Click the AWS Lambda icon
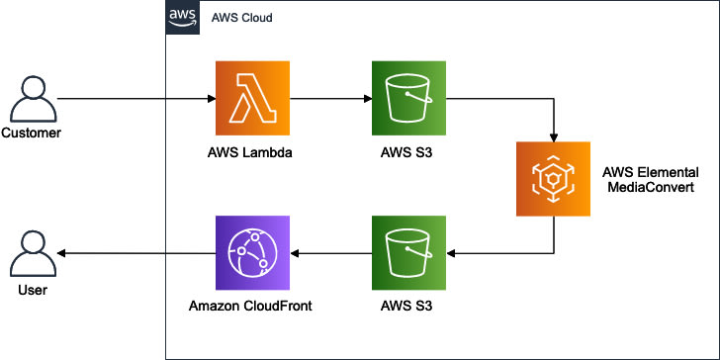252,98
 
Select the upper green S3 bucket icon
408,98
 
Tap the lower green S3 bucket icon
408,253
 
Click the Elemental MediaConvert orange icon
553,179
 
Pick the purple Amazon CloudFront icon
252,253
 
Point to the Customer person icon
34,100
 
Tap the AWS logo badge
182,18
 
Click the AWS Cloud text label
241,19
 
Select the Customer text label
31,134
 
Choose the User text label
33,290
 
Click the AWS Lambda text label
250,153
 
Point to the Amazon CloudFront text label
250,307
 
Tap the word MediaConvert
651,188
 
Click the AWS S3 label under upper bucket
406,153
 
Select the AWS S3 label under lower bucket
406,307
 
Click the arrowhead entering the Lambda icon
212,98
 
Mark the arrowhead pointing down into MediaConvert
553,137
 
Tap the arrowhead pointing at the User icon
61,253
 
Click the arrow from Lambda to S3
330,98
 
